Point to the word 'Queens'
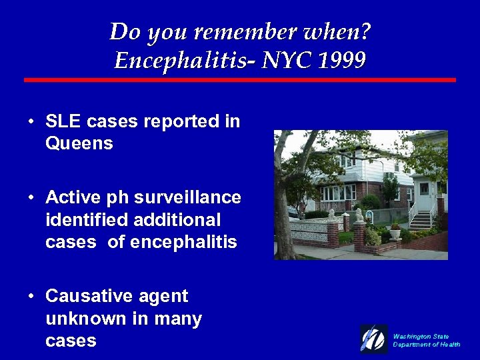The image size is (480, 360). click(x=79, y=143)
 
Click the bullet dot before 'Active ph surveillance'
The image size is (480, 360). click(x=31, y=198)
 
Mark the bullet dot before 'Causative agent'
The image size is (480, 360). click(x=31, y=297)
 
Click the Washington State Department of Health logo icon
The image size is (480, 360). click(x=373, y=339)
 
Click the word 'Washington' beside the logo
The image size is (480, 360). click(x=411, y=336)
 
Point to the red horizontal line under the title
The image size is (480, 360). click(x=240, y=80)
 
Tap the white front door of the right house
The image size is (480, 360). click(x=424, y=193)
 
